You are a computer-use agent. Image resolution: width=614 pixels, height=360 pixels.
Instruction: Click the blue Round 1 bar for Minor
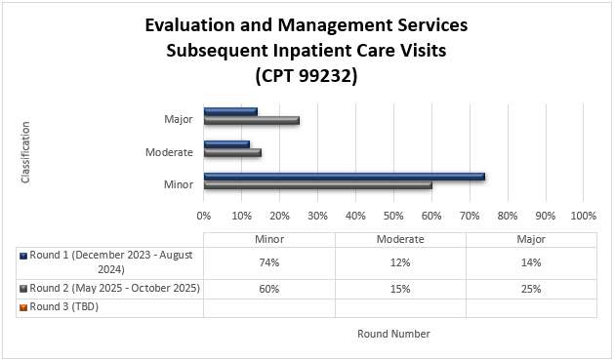pos(344,177)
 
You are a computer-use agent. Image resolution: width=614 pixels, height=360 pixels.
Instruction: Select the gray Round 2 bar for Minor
pos(317,184)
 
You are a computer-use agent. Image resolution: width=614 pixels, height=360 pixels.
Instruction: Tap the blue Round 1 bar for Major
pos(230,111)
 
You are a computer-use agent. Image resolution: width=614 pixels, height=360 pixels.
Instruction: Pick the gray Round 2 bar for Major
pos(251,120)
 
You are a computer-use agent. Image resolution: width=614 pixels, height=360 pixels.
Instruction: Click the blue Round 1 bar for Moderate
pos(226,144)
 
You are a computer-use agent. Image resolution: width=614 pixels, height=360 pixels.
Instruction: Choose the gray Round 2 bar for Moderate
pos(232,152)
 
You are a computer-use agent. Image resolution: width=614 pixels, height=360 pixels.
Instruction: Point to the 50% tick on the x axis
pos(393,214)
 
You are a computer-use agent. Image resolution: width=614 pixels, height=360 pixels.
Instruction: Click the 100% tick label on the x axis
pos(583,214)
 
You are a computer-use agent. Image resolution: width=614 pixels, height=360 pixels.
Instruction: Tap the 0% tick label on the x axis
pos(204,214)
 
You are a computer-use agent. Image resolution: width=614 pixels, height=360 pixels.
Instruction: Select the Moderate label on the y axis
pos(169,152)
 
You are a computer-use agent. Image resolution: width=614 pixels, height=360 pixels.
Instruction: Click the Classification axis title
pos(25,152)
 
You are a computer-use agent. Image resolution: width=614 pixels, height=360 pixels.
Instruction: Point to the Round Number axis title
pos(393,334)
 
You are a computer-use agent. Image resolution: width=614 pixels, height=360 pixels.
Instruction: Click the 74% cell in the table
pos(268,262)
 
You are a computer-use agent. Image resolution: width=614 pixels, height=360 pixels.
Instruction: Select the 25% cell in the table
pos(531,289)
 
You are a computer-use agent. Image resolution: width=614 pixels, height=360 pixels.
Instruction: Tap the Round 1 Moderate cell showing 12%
pos(400,262)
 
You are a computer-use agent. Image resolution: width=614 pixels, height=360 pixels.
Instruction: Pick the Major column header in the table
pos(531,240)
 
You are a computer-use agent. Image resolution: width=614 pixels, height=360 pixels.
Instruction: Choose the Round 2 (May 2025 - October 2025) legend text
pos(115,289)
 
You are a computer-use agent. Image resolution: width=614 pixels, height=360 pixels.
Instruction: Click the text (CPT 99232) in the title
pos(306,73)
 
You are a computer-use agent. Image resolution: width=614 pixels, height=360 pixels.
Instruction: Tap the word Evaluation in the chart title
pos(191,24)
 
